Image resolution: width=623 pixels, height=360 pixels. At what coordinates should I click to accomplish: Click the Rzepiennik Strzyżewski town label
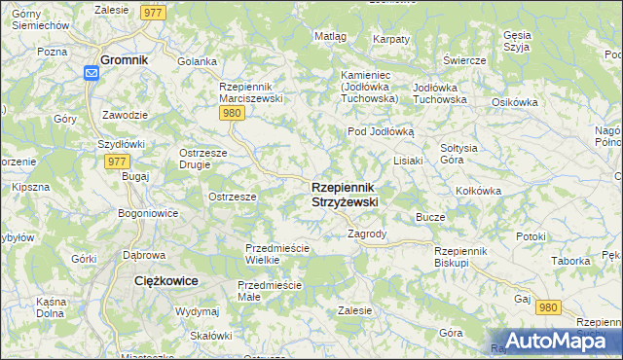click(345, 194)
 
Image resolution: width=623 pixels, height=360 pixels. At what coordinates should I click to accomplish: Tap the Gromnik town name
click(124, 58)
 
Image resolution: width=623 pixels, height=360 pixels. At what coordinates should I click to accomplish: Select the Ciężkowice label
click(165, 280)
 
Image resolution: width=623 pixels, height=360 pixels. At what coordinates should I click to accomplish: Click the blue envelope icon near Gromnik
click(92, 73)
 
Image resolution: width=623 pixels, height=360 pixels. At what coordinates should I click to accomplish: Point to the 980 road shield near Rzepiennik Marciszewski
click(231, 114)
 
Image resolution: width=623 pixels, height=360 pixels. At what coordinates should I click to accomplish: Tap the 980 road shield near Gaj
click(549, 306)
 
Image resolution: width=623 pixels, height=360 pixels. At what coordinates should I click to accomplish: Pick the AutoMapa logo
click(551, 340)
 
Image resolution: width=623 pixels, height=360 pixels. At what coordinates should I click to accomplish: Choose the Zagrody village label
click(367, 234)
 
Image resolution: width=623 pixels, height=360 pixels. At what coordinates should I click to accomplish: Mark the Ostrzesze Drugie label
click(202, 158)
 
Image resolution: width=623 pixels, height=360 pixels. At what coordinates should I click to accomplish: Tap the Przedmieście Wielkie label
click(276, 254)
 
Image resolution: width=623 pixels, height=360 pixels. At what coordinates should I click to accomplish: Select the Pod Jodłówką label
click(381, 130)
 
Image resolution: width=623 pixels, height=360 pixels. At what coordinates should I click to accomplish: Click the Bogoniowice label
click(146, 212)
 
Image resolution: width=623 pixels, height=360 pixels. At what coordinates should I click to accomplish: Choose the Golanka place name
click(197, 61)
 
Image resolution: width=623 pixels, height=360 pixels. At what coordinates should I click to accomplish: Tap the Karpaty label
click(390, 39)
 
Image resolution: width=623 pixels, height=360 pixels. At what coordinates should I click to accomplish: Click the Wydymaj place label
click(197, 311)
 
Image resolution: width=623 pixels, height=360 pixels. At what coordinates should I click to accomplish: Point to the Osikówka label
click(515, 102)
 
